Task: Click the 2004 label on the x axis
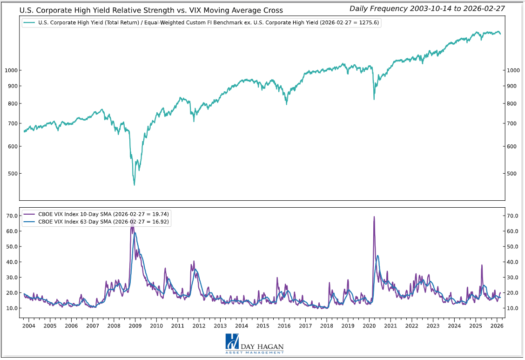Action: (x=29, y=326)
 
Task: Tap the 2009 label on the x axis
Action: (x=135, y=326)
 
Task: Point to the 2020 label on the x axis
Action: (x=369, y=326)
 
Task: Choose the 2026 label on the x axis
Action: (x=497, y=326)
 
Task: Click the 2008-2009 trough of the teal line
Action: (x=135, y=185)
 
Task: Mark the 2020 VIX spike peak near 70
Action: (x=374, y=217)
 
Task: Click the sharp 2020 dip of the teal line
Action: (x=374, y=99)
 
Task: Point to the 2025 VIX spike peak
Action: (x=482, y=265)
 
